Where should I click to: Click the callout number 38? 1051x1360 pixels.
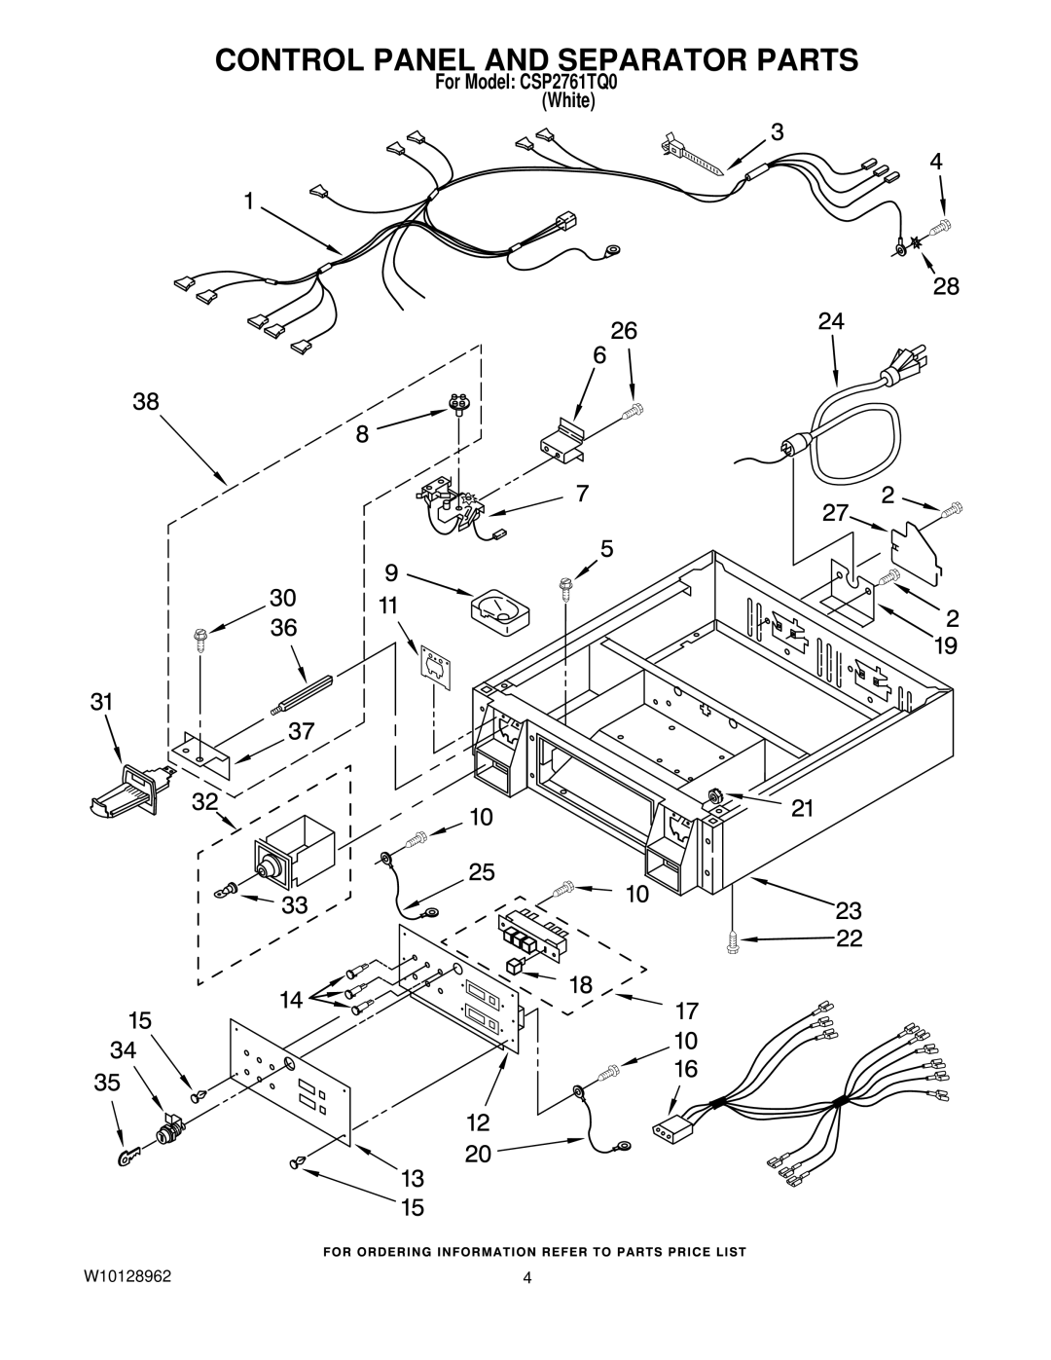click(x=147, y=401)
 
